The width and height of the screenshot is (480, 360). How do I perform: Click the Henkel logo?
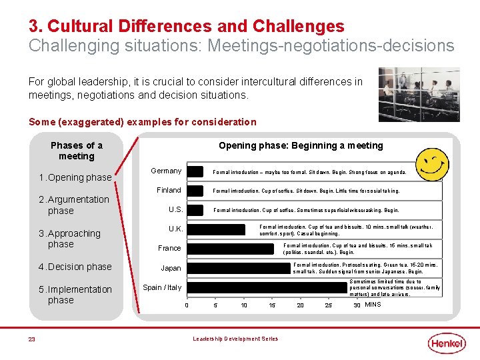[447, 343]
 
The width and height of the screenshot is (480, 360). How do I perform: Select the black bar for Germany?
[195, 171]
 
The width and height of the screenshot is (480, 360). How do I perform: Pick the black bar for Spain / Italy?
[267, 287]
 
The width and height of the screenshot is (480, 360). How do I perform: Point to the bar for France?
[230, 249]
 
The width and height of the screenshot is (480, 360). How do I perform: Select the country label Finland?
[169, 190]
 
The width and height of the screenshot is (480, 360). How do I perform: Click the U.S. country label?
[175, 209]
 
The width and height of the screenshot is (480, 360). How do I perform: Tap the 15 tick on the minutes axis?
[272, 305]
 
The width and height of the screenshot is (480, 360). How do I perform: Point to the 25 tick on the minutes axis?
[328, 305]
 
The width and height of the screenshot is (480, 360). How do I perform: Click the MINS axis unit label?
[373, 305]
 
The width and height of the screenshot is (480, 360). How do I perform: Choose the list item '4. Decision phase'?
[75, 267]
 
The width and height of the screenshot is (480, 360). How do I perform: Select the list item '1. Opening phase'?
[75, 177]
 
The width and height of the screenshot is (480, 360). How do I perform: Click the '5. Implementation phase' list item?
[75, 295]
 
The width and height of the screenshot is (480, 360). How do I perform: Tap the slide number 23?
[31, 339]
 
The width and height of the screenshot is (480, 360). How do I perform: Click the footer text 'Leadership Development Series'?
[235, 339]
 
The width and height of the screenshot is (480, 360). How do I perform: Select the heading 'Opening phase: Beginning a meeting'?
[301, 145]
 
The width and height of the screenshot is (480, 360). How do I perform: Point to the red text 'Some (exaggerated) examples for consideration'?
[142, 122]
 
